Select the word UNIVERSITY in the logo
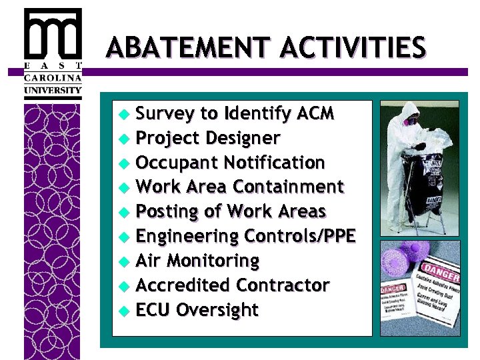point(53,90)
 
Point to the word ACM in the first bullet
point(312,114)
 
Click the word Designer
point(241,139)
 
